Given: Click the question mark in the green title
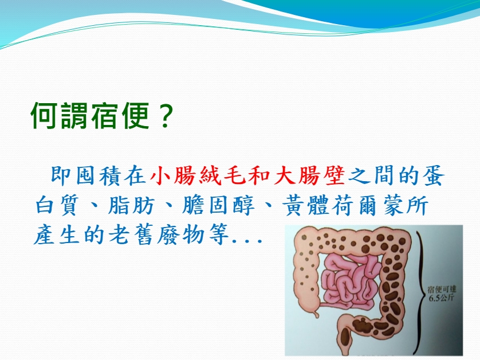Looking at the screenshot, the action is [165, 116].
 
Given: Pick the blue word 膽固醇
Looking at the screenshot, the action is [218, 205].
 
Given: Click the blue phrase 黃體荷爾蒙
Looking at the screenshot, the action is [344, 205].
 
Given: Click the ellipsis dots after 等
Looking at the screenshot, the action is [247, 241].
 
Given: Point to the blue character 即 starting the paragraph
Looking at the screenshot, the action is [61, 175].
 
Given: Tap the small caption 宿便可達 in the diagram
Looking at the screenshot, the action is [442, 289].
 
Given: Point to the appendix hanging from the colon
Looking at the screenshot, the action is [316, 313].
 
